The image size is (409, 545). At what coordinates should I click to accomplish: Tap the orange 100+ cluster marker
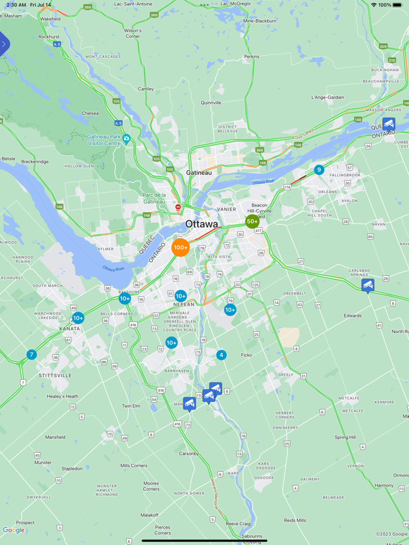pos(181,247)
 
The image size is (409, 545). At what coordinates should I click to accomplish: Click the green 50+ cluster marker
pos(252,222)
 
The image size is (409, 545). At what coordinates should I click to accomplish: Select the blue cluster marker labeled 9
pos(318,170)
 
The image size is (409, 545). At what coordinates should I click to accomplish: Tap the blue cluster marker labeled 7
pos(32,354)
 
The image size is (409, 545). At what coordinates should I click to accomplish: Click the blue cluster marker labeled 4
pos(221,355)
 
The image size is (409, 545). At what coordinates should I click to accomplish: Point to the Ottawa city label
pos(202,224)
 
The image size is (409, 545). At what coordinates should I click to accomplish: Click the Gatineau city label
pos(199,173)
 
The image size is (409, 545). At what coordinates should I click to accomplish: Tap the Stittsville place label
pos(55,375)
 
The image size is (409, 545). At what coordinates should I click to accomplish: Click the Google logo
pos(13,530)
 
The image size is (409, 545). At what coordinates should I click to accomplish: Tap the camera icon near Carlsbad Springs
pos(368,285)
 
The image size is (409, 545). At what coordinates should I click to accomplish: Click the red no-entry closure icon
pos(178,207)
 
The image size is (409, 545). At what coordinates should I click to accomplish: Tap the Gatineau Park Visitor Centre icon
pos(126,138)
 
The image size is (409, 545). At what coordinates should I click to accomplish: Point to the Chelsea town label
pos(90,113)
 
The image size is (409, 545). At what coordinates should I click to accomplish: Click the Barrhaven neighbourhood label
pos(176,371)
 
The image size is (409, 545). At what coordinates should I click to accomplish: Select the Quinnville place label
pos(211,103)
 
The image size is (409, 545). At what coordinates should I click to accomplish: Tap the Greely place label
pos(286,375)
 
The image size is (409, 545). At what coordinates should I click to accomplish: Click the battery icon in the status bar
pos(397,5)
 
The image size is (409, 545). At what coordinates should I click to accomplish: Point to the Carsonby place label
pos(189,453)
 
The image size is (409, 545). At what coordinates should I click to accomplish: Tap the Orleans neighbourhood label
pos(327,191)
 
